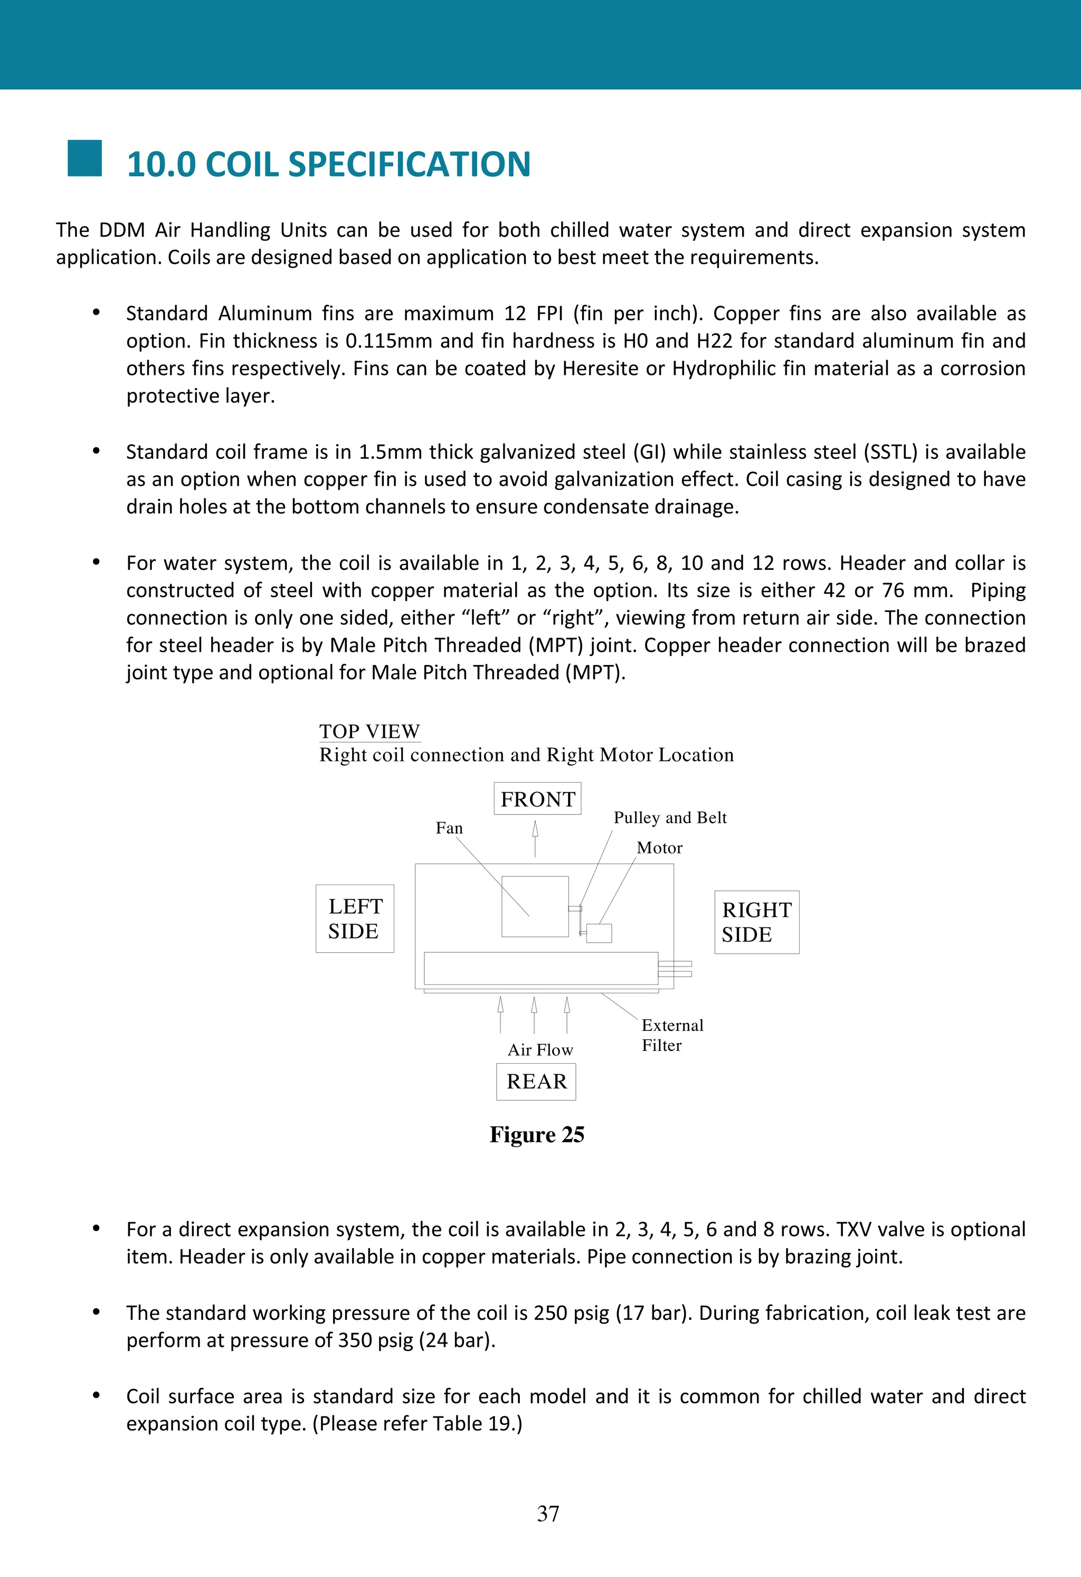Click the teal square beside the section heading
[85, 158]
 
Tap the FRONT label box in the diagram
[537, 799]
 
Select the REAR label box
[536, 1081]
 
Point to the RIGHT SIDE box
[756, 922]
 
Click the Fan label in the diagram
[449, 828]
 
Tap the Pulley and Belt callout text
[669, 817]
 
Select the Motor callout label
[659, 848]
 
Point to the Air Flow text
[540, 1050]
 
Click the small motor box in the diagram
[599, 933]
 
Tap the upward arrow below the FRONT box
[535, 838]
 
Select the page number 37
[548, 1513]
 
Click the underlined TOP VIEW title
[369, 731]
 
